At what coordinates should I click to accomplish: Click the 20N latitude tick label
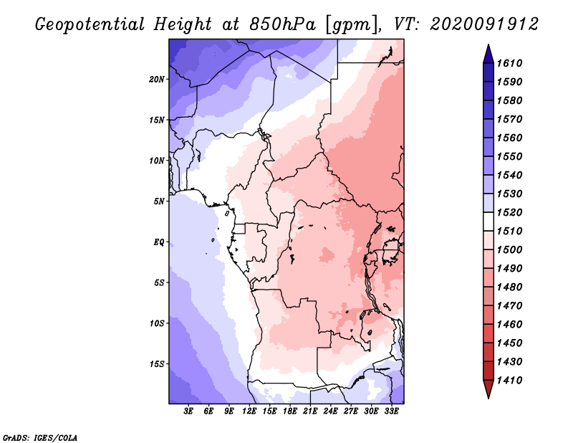click(x=156, y=80)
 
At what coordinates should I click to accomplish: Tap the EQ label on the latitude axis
click(x=158, y=242)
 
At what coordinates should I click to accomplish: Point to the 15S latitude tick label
click(x=156, y=364)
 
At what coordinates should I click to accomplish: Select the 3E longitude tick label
click(x=188, y=411)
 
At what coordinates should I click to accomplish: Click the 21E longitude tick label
click(x=310, y=411)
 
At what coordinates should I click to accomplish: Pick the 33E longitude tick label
click(x=391, y=411)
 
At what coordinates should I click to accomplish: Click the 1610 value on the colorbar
click(x=509, y=63)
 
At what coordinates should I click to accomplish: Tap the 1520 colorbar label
click(x=509, y=212)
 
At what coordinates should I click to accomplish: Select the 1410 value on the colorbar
click(x=509, y=381)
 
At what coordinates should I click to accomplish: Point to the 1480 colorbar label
click(x=509, y=287)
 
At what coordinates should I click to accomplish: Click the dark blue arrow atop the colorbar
click(x=488, y=54)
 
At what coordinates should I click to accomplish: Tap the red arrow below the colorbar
click(x=488, y=389)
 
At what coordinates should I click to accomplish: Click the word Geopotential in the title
click(x=90, y=25)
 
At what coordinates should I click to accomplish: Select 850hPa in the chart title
click(x=282, y=24)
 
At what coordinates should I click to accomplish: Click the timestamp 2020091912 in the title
click(x=484, y=24)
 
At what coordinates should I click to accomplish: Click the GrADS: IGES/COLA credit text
click(x=40, y=437)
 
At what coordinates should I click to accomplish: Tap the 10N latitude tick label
click(x=156, y=161)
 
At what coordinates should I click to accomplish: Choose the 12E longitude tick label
click(x=249, y=411)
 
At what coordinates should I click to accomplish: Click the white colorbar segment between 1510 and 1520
click(x=488, y=221)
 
